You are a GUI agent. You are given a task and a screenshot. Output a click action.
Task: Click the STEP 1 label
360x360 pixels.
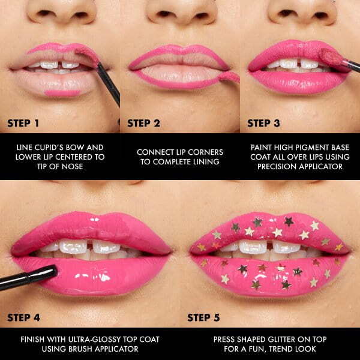(23, 124)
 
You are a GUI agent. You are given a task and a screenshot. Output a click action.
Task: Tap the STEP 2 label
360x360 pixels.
(143, 124)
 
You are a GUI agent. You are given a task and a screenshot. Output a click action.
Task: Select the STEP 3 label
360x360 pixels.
(264, 124)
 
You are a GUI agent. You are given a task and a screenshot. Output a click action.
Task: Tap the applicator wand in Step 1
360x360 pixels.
(108, 84)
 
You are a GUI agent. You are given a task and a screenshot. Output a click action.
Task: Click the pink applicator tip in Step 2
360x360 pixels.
(229, 76)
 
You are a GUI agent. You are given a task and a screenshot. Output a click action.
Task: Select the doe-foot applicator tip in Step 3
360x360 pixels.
(331, 57)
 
